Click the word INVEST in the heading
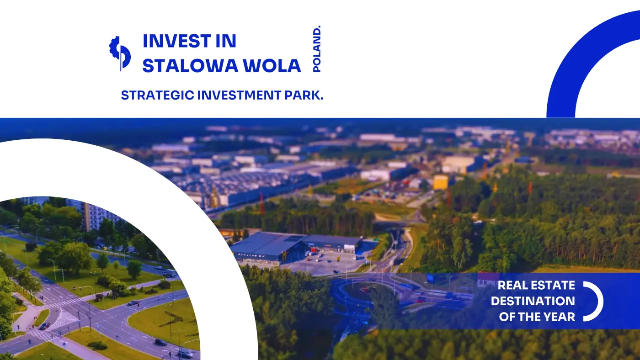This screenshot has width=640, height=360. coord(177,41)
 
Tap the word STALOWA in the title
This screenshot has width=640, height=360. coord(190,65)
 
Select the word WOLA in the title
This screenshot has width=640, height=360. coord(272,65)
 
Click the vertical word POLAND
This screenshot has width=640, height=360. coord(317,49)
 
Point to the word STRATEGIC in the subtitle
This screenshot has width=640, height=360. coord(157,95)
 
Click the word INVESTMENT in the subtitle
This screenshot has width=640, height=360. coord(239,95)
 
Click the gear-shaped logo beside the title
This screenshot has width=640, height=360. coord(120,53)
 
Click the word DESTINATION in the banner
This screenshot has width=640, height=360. coord(533,301)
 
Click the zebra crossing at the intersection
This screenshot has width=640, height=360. coord(65,302)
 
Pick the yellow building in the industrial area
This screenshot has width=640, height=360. coord(441,182)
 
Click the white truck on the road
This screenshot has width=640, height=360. coord(171,273)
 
